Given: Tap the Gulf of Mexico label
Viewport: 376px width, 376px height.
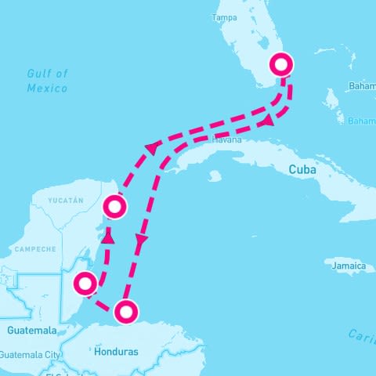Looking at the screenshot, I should tap(48, 81).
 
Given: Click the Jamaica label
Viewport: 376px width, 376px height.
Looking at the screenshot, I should tap(349, 266).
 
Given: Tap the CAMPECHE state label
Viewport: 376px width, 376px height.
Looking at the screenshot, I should tap(34, 249).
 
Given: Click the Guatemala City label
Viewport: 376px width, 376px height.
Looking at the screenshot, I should tap(31, 355).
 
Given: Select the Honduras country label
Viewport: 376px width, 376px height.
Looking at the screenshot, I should tap(115, 352).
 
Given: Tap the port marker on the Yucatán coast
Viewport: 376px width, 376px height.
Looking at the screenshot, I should tap(115, 207).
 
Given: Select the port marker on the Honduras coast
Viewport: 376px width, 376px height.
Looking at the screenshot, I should tap(125, 312).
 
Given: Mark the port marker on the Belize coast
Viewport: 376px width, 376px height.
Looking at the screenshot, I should tap(85, 283).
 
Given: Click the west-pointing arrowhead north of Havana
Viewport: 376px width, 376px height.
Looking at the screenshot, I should tap(152, 146).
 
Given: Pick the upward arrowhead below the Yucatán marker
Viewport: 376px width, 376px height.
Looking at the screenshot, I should tap(108, 234).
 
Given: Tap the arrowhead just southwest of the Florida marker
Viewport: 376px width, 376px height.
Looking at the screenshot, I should tap(269, 120).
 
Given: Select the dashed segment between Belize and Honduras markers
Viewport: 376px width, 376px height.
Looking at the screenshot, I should tap(103, 302).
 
